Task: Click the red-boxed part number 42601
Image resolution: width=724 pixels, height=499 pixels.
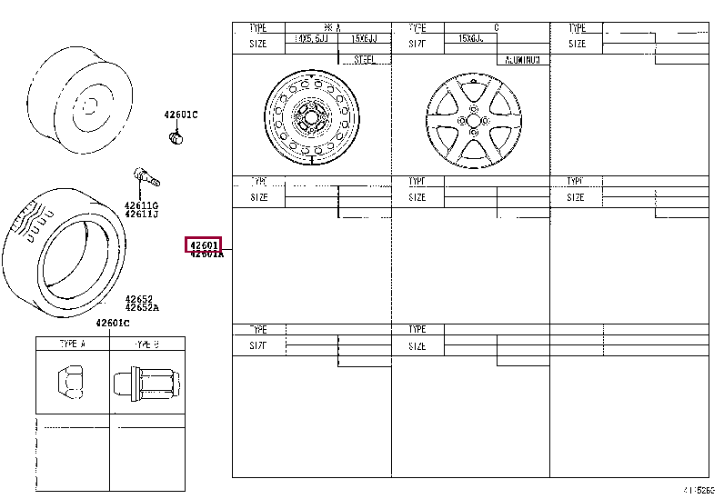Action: coord(204,245)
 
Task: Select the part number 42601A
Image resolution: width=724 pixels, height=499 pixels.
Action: coord(206,255)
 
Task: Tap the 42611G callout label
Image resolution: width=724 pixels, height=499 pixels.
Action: coord(141,205)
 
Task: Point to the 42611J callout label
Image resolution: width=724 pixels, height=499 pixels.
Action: coord(141,215)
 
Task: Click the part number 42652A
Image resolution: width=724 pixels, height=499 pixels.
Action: coord(142,307)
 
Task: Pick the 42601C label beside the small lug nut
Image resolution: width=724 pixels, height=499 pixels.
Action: coord(180,115)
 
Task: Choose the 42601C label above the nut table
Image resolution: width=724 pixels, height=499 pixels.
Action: coord(113,324)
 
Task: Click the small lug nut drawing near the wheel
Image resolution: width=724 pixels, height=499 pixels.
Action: coord(177,137)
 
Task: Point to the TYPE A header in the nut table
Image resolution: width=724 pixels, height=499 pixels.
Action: coord(72,344)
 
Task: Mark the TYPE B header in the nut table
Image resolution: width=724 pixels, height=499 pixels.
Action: coord(146,344)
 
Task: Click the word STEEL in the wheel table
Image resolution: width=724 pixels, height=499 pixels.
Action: coord(365,60)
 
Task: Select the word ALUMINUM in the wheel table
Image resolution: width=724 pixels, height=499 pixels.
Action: coord(523,60)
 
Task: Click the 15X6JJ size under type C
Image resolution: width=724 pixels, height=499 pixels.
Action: coord(470,40)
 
